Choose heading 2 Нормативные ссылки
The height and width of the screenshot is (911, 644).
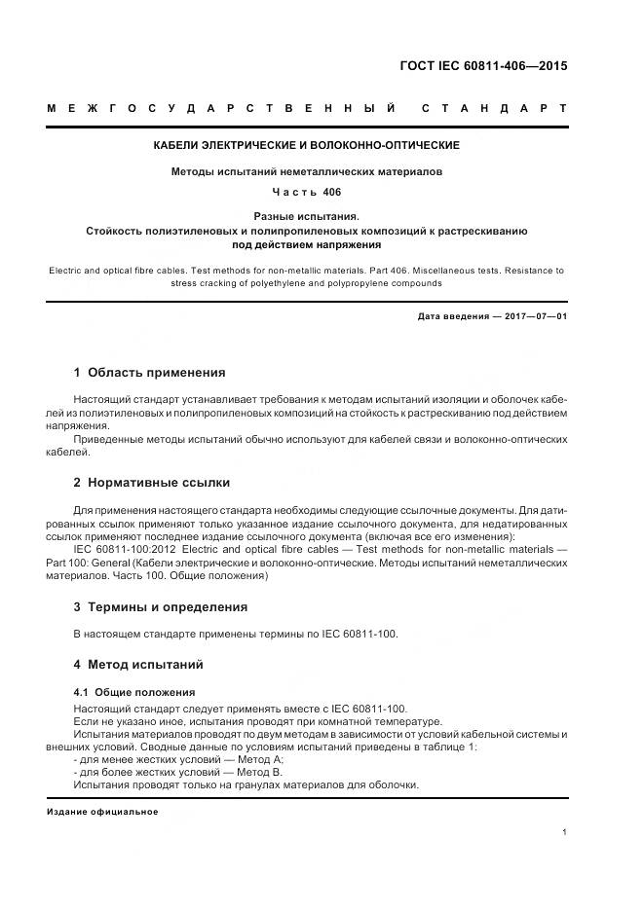tap(152, 482)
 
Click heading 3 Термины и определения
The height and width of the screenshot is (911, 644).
tap(161, 606)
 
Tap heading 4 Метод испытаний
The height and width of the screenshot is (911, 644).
tap(138, 665)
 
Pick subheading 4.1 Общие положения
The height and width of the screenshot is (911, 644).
tap(121, 692)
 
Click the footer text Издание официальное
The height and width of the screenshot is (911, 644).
tap(102, 811)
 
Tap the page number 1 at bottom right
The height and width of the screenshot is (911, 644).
tap(565, 832)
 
